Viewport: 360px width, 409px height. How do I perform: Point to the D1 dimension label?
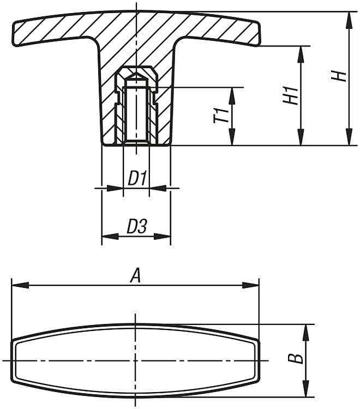(138, 178)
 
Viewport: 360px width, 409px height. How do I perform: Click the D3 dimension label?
(137, 226)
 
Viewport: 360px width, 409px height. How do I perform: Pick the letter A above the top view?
(136, 276)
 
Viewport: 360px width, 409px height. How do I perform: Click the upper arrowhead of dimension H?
(349, 20)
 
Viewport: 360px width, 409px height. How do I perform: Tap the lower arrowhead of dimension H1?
(301, 137)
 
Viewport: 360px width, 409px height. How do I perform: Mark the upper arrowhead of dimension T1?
(232, 96)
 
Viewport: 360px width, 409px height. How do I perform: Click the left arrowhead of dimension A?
(20, 285)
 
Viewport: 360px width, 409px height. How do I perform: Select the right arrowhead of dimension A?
(251, 285)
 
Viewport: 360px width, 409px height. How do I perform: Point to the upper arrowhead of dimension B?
(306, 333)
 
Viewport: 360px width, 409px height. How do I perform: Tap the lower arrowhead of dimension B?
(306, 389)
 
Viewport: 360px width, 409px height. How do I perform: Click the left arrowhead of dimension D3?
(110, 237)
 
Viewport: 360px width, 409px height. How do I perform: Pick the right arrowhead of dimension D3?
(162, 237)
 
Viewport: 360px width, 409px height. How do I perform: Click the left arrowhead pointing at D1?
(115, 188)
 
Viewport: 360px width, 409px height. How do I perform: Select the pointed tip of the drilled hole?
(136, 73)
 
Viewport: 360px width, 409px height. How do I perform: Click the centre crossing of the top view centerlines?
(136, 360)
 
